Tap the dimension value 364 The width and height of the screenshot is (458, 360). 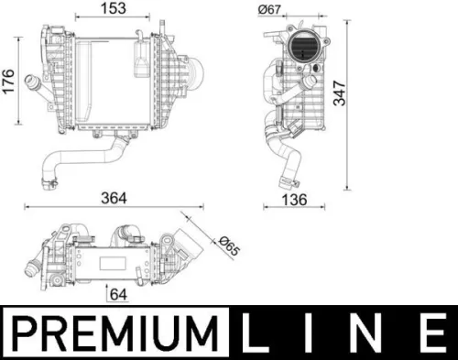[114, 198]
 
